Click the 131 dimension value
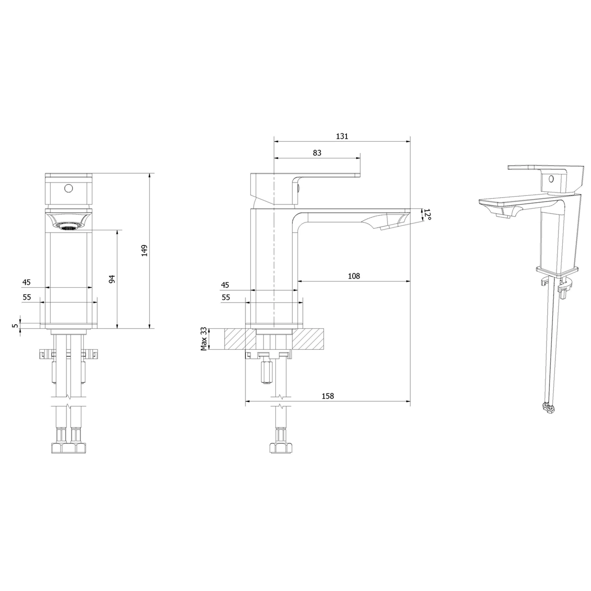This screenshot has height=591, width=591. click(342, 136)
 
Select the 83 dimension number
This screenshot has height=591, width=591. click(317, 153)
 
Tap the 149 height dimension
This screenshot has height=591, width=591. click(144, 251)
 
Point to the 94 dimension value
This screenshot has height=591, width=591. click(112, 279)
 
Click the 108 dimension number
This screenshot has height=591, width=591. click(354, 276)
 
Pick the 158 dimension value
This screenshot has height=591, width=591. click(328, 396)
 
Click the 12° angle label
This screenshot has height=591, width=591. click(428, 215)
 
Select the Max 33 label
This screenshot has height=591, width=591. click(204, 339)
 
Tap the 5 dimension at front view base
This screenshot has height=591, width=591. click(15, 325)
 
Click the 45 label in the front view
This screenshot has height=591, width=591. click(26, 282)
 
